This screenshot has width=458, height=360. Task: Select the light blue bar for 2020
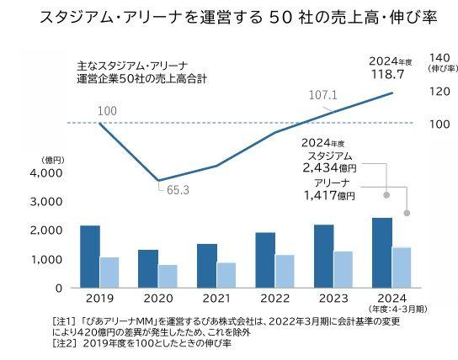tap(168, 276)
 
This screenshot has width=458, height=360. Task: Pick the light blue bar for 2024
tap(403, 267)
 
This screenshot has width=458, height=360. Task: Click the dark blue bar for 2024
tap(383, 252)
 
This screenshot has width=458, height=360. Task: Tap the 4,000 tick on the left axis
tap(46, 172)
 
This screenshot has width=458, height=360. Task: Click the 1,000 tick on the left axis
tap(46, 260)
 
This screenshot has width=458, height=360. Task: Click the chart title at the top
tap(228, 18)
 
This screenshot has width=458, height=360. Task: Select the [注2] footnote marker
tap(65, 343)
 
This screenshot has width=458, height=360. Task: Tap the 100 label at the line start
tap(84, 111)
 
